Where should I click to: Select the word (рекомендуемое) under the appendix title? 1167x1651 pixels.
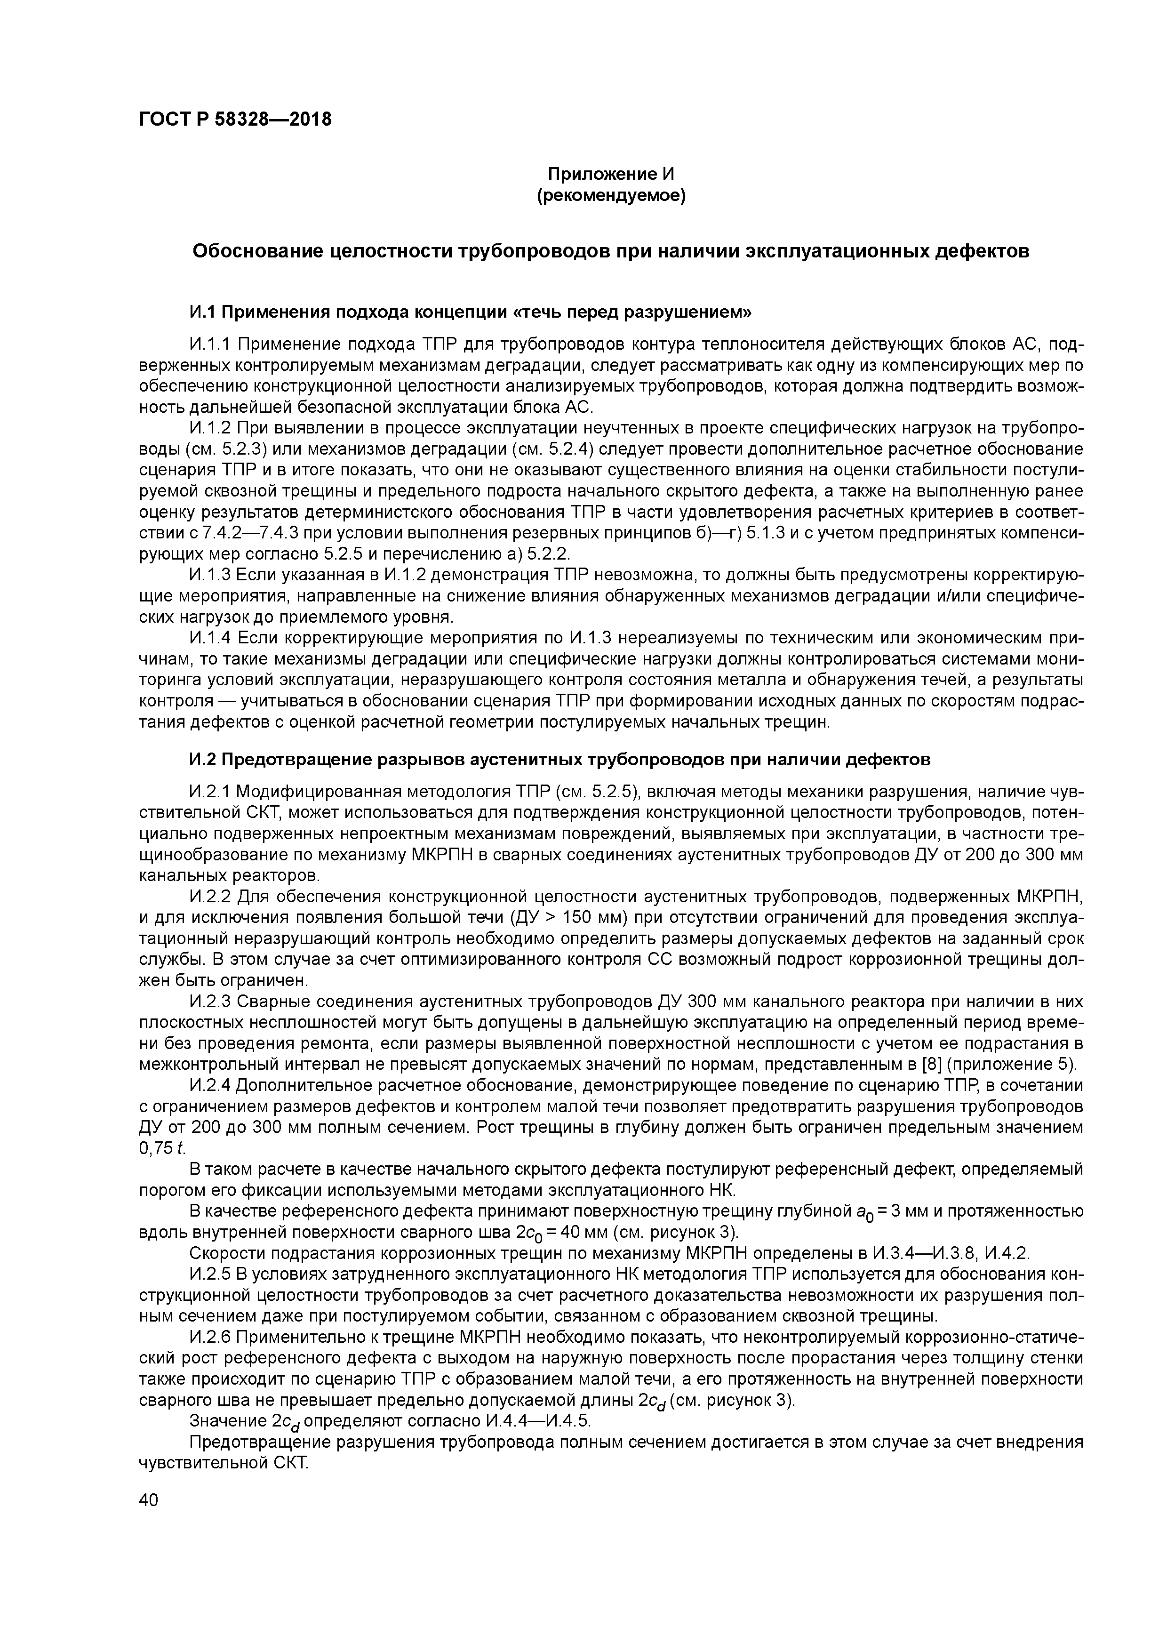point(611,196)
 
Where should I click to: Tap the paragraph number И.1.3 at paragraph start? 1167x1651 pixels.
point(210,576)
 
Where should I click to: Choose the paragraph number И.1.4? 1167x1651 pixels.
point(210,639)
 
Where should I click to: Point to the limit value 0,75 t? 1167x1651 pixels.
point(152,1149)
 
